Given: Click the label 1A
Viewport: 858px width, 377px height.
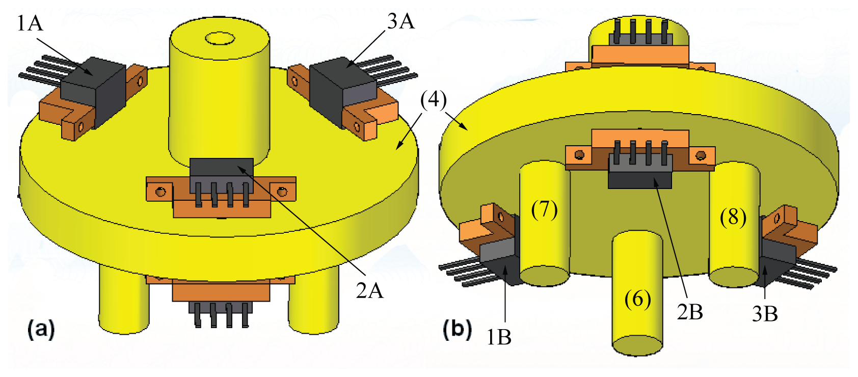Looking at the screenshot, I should [x=30, y=23].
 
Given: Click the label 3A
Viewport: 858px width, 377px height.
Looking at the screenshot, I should [x=400, y=21].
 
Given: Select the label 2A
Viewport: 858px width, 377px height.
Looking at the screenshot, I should [x=369, y=290].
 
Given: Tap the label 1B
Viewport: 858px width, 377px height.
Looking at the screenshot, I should [x=498, y=337].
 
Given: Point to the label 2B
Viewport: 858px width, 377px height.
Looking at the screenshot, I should [x=690, y=312].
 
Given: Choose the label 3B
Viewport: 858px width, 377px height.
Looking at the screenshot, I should [x=765, y=314].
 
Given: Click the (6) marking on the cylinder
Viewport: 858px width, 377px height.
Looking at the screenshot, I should [x=637, y=299].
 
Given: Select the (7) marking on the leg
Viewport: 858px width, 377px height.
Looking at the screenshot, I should [x=544, y=209].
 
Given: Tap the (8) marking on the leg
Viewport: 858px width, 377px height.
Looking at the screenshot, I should [x=733, y=217].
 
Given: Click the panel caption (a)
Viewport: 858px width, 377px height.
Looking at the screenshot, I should [x=41, y=329].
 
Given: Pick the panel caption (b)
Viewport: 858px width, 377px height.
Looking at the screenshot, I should [x=457, y=329].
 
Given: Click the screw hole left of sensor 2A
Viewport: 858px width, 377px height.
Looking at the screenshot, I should [x=160, y=192].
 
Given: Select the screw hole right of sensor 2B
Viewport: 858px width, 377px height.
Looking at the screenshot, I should [x=701, y=154].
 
